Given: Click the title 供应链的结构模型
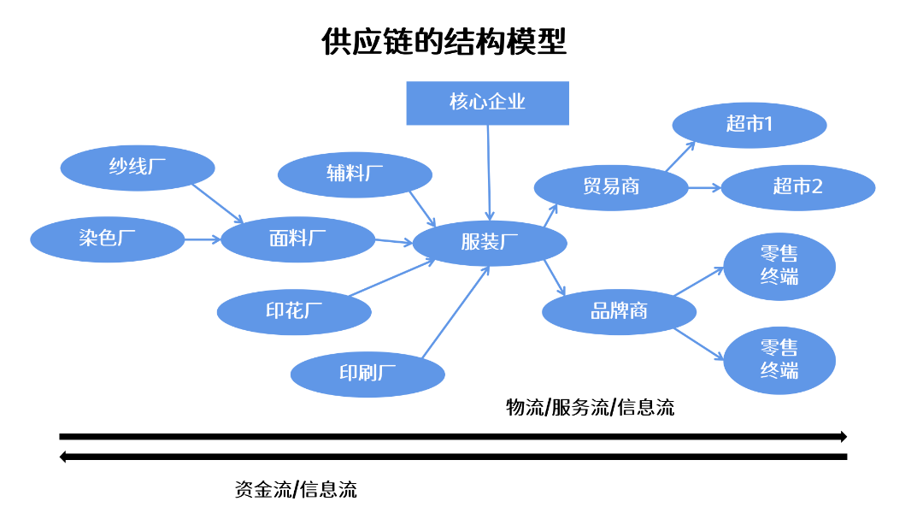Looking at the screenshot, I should tap(444, 42).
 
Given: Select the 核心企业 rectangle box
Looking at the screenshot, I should tap(487, 103).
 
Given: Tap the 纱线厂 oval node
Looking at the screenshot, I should tap(137, 168).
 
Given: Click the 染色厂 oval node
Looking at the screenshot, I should tap(107, 239).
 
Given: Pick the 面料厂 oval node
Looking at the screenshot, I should tap(297, 239).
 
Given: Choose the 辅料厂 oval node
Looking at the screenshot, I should tap(355, 174).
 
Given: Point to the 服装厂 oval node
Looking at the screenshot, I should tap(490, 243).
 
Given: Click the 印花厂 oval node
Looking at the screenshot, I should tap(294, 311).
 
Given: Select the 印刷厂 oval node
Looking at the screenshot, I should tap(367, 374).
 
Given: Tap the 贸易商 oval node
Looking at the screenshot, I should tap(610, 187).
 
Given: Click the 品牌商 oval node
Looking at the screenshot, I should tap(619, 311).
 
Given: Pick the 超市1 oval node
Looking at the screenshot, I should tap(749, 126).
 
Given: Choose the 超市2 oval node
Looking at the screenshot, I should tap(797, 187).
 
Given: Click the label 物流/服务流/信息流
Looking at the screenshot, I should tap(590, 408).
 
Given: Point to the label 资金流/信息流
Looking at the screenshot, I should tap(296, 490).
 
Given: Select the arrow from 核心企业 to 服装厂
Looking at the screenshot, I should tap(489, 171).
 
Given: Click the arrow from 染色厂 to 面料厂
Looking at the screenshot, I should tap(202, 239).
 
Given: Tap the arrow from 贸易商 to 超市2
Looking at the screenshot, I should tap(704, 187).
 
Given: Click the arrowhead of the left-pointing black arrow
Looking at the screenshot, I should tap(63, 457).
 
